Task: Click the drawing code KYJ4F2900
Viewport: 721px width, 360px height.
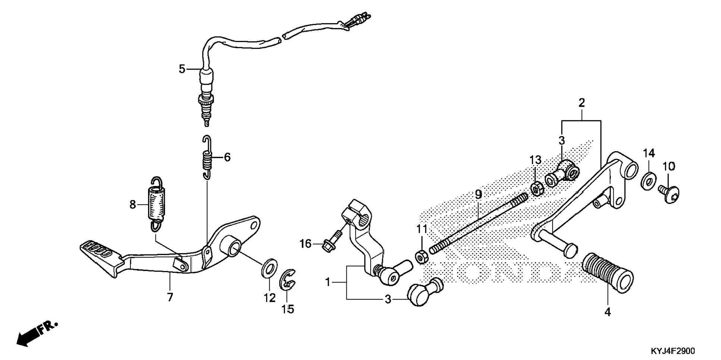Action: point(673,351)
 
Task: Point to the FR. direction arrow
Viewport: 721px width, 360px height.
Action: point(37,332)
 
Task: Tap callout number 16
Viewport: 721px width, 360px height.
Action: point(305,244)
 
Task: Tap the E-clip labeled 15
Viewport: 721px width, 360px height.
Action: point(287,280)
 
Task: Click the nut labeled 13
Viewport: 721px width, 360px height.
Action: point(537,189)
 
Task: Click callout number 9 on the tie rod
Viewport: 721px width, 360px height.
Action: point(478,194)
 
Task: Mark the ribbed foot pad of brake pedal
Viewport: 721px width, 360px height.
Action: point(98,250)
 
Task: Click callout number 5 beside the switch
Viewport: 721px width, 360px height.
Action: point(182,69)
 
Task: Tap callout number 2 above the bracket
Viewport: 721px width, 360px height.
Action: point(582,103)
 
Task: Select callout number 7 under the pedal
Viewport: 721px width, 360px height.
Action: point(170,297)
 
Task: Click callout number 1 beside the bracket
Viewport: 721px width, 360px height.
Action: point(328,282)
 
